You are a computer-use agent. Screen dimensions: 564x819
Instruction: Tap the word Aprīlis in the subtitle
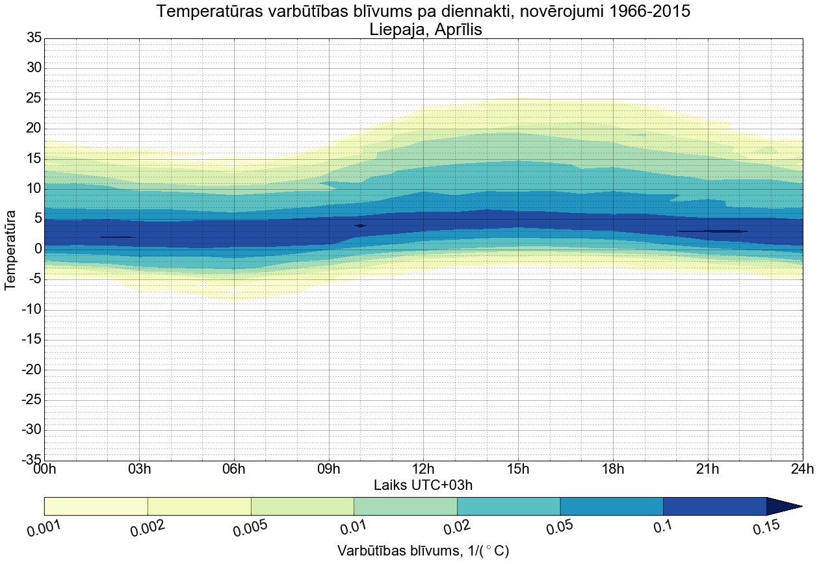456,30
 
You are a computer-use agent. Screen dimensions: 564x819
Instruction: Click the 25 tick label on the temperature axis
34,99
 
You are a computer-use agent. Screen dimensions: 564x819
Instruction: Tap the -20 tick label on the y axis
31,370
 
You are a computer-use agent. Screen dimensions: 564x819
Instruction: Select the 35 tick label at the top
34,38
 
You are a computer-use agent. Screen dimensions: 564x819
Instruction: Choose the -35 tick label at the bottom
31,461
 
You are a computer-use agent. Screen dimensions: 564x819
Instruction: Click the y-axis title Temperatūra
11,249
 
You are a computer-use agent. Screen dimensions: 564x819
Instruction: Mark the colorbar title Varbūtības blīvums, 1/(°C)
422,551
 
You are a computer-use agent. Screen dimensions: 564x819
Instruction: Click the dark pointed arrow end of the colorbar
783,506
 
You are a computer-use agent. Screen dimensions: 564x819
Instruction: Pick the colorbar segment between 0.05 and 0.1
612,506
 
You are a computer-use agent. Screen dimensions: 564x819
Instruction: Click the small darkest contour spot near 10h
360,225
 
